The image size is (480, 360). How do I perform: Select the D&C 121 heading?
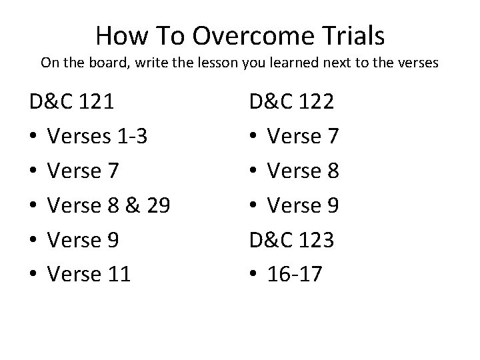point(71,102)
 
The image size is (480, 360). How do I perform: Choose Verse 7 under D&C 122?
point(303,137)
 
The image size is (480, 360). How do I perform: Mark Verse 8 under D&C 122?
point(303,171)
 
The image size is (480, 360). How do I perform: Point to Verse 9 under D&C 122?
point(303,205)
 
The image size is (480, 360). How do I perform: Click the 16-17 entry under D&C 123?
point(294,274)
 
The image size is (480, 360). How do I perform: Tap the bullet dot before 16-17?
point(254,275)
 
